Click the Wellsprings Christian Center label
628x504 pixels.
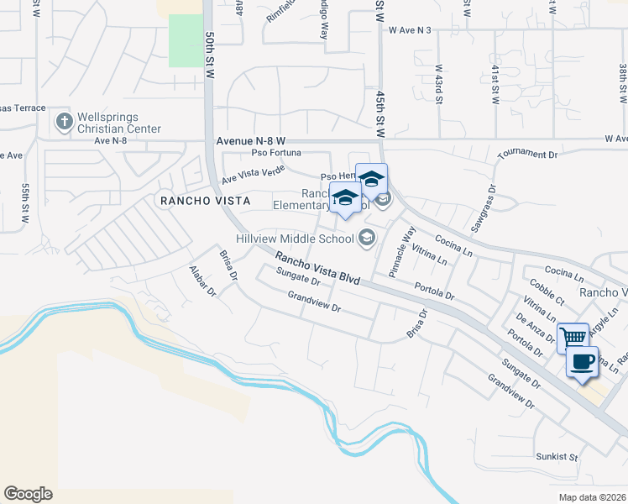[118, 123]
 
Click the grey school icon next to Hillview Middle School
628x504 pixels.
[366, 239]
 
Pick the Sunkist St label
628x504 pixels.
[557, 457]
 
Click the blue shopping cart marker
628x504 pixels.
[573, 336]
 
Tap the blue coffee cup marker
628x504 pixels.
[582, 362]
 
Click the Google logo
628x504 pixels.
[29, 494]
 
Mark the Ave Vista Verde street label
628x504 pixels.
[253, 174]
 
